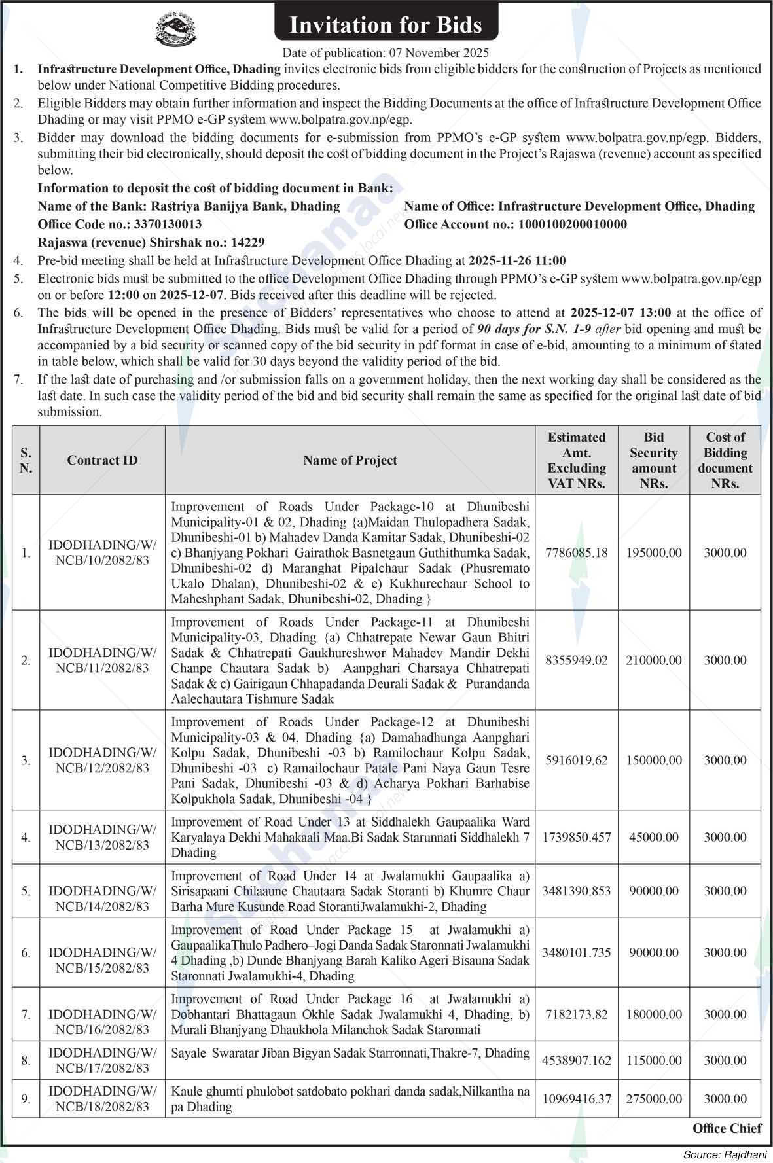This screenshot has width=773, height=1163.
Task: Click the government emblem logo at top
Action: (x=175, y=29)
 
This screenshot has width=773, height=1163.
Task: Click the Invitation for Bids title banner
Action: (x=386, y=25)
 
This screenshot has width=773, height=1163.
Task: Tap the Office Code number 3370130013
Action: (x=167, y=224)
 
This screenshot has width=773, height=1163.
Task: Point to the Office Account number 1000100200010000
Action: (x=572, y=224)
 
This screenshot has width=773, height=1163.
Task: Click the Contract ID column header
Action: (x=102, y=460)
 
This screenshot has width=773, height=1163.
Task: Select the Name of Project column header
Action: (x=350, y=460)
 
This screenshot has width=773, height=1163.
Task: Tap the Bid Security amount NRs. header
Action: (x=653, y=460)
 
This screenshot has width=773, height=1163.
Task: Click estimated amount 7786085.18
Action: (x=576, y=553)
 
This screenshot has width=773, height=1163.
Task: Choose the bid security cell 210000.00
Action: (x=653, y=660)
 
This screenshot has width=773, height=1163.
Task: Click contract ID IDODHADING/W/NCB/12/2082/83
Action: (x=102, y=760)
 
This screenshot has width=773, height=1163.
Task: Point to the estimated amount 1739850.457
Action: (x=576, y=837)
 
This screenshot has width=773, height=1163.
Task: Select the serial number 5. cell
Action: (x=26, y=891)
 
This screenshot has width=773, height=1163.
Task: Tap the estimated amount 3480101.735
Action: (x=576, y=952)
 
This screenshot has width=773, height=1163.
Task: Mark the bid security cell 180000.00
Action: (x=653, y=1014)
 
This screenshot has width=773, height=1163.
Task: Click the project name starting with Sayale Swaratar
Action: (x=350, y=1053)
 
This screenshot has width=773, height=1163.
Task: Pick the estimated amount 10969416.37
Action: (x=576, y=1099)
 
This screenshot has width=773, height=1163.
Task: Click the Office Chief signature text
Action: (x=727, y=1128)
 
